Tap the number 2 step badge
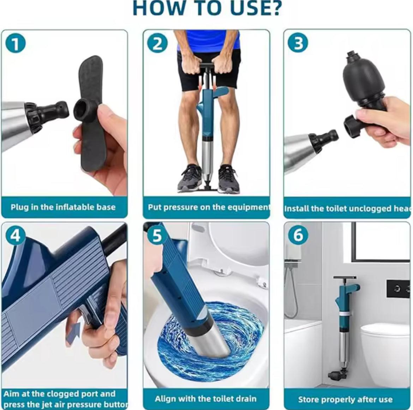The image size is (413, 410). [157, 44]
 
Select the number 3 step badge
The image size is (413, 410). [298, 43]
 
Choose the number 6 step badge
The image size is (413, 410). [298, 235]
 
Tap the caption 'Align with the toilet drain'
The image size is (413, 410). [205, 399]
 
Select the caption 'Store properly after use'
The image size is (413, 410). [345, 399]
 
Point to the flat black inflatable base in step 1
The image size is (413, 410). [91, 113]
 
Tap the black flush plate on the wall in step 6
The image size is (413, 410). [397, 289]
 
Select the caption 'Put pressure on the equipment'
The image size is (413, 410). [208, 207]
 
